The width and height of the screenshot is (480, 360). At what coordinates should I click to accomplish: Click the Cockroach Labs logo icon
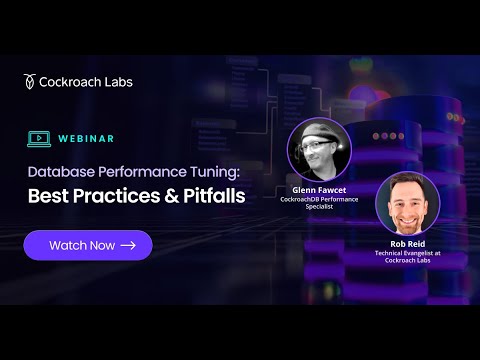[31, 81]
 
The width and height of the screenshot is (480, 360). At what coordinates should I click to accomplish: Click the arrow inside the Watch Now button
[128, 245]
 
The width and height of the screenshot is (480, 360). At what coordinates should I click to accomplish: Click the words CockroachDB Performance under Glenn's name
[318, 198]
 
